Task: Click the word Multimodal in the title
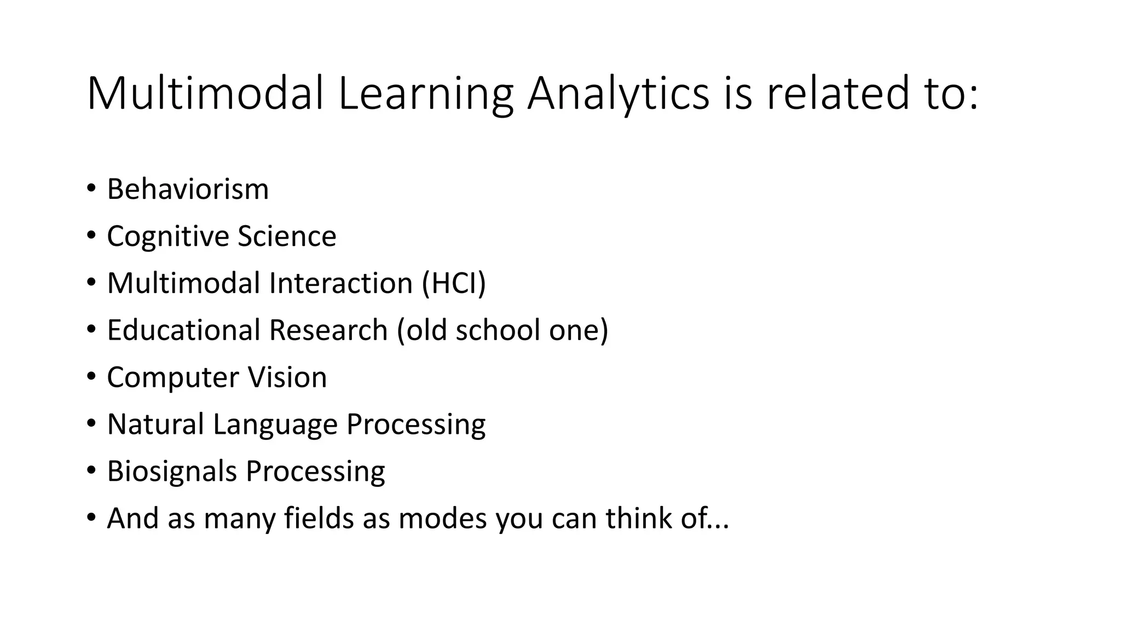tap(205, 94)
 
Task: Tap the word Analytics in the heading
tap(618, 94)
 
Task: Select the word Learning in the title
tap(425, 94)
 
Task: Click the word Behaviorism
tap(188, 190)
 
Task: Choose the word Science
tap(287, 237)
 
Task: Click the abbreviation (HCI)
tap(454, 284)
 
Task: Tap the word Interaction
tap(340, 284)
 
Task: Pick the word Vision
tap(287, 377)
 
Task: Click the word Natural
tap(155, 425)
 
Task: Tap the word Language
tap(275, 425)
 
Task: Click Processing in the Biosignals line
tap(315, 472)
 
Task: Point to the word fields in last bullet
tap(319, 518)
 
